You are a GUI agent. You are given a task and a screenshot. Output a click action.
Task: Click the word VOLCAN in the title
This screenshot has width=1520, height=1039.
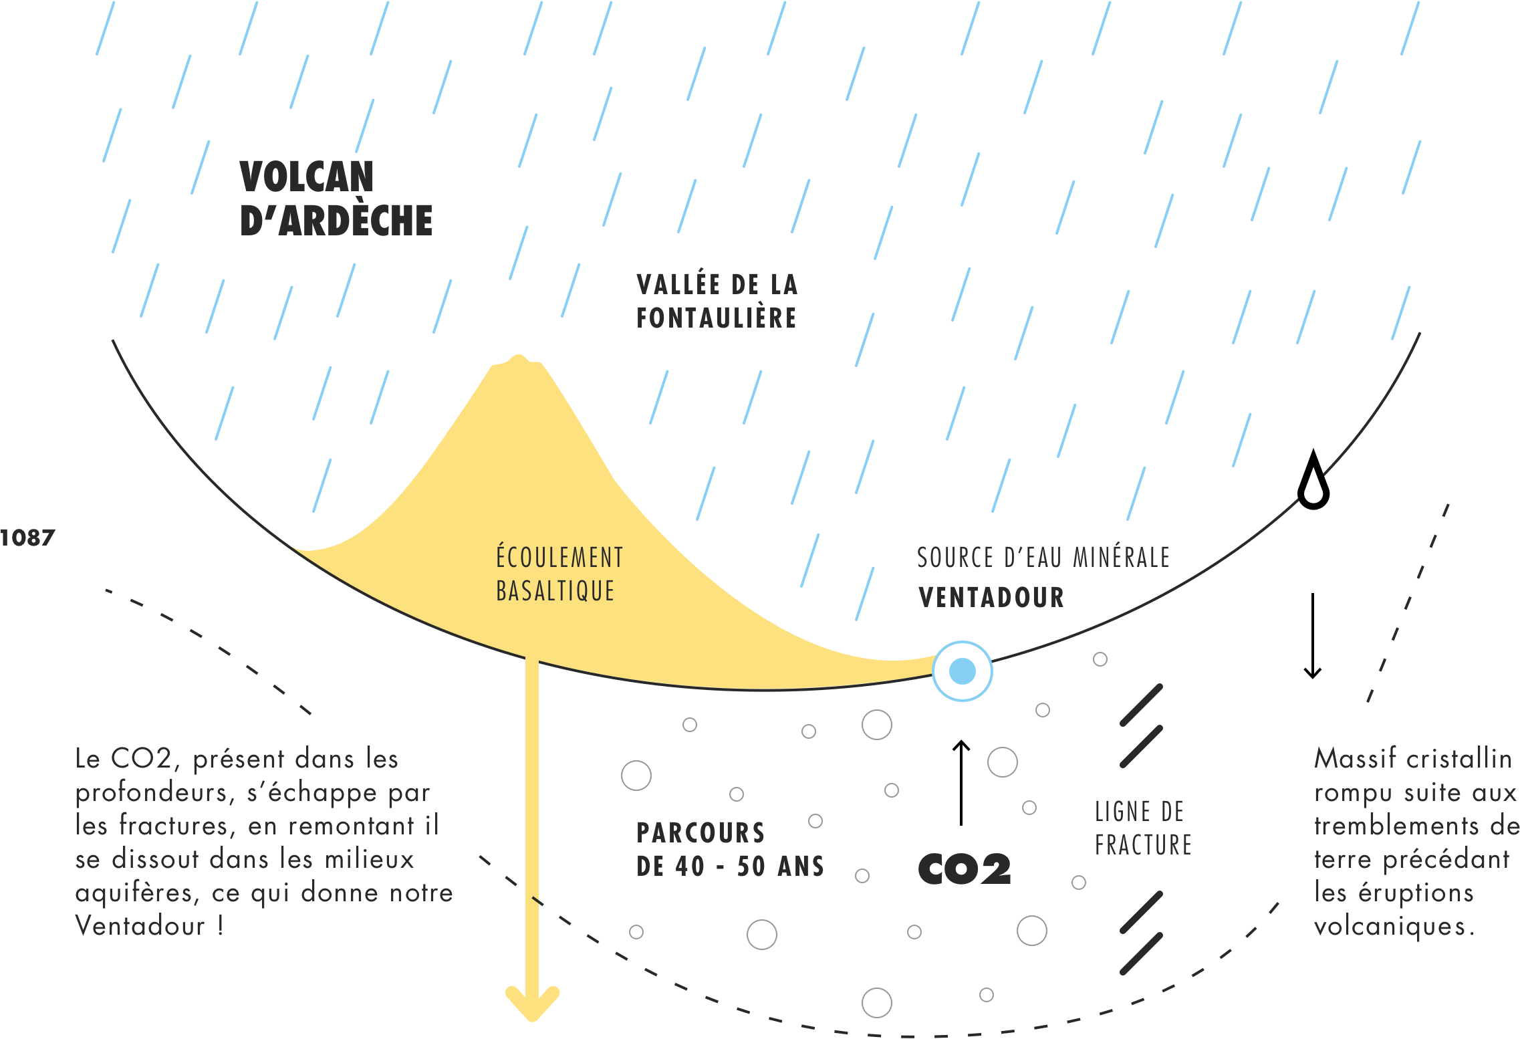[307, 177]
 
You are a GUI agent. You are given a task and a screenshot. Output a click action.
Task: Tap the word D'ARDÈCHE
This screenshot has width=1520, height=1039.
[336, 221]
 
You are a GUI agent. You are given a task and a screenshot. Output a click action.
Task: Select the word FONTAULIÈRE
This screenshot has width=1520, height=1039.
[717, 318]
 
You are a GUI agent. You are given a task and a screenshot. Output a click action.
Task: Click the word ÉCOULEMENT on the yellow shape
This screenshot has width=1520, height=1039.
[559, 558]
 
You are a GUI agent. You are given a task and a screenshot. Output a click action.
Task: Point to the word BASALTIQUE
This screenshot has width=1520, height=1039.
[555, 591]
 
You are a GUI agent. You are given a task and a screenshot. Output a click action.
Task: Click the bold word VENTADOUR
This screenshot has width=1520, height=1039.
[991, 598]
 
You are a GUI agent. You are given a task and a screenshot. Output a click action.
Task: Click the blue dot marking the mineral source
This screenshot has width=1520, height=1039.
[963, 671]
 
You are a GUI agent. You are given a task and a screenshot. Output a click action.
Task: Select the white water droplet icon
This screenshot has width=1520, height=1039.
[1313, 487]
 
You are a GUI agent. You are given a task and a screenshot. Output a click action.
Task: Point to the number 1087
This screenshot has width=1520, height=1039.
[27, 538]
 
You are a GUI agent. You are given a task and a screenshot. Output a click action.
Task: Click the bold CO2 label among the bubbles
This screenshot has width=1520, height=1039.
[965, 869]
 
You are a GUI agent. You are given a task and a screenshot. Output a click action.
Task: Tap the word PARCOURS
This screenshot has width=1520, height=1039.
[701, 833]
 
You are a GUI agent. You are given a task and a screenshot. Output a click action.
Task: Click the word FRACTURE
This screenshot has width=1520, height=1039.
[1143, 845]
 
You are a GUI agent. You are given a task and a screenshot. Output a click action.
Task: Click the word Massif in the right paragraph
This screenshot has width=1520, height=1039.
[1355, 759]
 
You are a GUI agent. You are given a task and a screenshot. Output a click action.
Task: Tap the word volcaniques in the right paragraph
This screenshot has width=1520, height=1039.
[1394, 927]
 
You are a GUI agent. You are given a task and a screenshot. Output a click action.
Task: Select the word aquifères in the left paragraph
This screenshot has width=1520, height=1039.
[137, 893]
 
